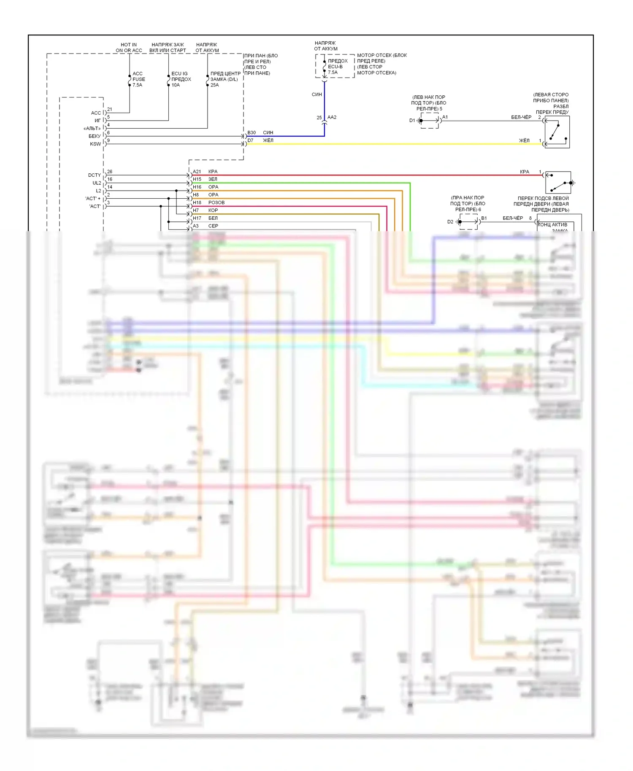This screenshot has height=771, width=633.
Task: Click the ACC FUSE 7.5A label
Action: click(x=138, y=79)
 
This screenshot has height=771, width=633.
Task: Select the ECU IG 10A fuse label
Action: click(x=181, y=79)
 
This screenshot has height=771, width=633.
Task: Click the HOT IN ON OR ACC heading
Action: click(x=129, y=48)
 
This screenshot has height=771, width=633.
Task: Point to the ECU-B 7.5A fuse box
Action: click(x=335, y=66)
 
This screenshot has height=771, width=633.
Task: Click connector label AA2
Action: click(x=332, y=117)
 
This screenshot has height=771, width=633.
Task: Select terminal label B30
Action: click(x=252, y=132)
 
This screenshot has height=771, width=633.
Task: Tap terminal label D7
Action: click(x=251, y=140)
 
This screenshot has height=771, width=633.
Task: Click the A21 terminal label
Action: click(x=197, y=172)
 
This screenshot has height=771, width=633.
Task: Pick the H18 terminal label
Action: click(x=197, y=202)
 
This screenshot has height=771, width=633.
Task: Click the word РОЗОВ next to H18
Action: click(x=216, y=202)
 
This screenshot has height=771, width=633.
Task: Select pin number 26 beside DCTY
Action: click(x=110, y=172)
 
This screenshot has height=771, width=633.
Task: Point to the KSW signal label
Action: click(x=95, y=144)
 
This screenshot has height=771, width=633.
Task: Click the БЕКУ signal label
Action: click(x=95, y=136)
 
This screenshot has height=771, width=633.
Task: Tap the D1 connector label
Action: click(x=412, y=120)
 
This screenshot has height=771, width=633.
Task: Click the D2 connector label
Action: click(x=450, y=221)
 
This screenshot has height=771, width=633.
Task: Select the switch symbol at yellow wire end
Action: click(x=557, y=132)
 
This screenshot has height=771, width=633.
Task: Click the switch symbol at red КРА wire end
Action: click(x=558, y=183)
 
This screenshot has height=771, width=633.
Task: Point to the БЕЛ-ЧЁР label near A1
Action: click(x=521, y=117)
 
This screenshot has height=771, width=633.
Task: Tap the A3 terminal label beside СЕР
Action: click(x=196, y=226)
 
